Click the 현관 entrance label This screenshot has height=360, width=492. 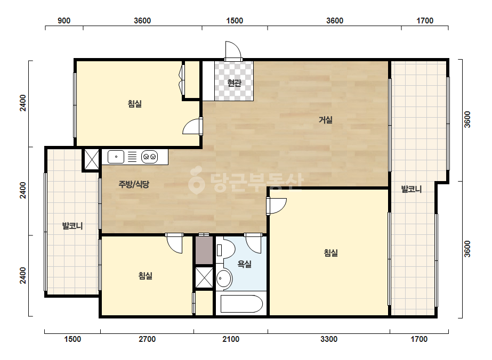click(234, 83)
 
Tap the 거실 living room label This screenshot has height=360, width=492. click(326, 119)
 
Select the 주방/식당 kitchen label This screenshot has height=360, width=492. click(134, 184)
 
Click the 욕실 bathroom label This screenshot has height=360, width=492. click(245, 264)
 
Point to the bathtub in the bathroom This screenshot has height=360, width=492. click(241, 304)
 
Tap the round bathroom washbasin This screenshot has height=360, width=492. click(224, 278)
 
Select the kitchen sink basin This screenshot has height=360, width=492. click(116, 157)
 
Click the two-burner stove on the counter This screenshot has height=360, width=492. click(149, 157)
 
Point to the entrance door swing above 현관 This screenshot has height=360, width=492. click(233, 50)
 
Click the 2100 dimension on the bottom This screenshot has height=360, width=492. click(231, 339)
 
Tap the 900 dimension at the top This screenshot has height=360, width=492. click(64, 21)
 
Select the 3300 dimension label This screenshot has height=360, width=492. click(329, 339)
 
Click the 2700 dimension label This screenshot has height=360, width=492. click(147, 339)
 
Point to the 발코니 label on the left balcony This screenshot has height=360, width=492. click(72, 226)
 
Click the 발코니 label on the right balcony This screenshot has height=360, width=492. click(412, 189)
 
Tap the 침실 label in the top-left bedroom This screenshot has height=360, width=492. click(135, 103)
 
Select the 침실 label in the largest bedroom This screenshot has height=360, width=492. click(331, 253)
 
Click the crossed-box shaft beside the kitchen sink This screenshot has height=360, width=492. click(92, 160)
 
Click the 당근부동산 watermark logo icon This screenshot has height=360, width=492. click(196, 179)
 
